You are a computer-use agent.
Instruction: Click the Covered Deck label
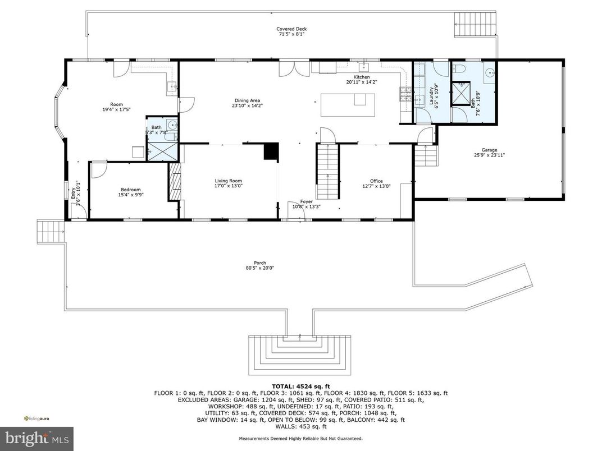coord(291,29)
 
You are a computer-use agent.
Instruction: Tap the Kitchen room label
coord(361,77)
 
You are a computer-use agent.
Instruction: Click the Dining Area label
coord(247,100)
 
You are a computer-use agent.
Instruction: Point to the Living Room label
coord(228,181)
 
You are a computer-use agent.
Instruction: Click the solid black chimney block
coord(271,151)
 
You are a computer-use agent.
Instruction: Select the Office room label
coord(376,181)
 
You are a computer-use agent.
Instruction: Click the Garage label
coord(489,150)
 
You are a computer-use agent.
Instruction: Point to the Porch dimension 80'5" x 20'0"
coord(259,268)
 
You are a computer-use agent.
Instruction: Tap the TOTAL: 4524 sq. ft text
coord(300,386)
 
